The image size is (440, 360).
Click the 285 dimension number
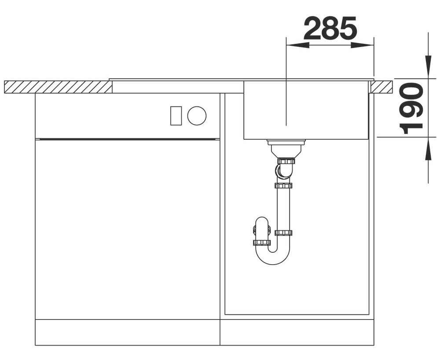click(x=330, y=28)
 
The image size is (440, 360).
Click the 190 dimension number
click(x=411, y=108)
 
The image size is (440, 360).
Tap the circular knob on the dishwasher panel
click(x=197, y=116)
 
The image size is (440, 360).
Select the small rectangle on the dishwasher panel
click(x=176, y=116)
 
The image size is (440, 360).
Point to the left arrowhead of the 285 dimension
click(x=297, y=45)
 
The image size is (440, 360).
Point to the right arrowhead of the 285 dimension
click(x=362, y=45)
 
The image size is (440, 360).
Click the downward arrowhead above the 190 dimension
click(x=428, y=66)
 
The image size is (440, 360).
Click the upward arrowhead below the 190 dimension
click(x=428, y=149)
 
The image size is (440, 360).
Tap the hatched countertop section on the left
click(x=58, y=87)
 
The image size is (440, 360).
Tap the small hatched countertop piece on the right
click(x=381, y=87)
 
